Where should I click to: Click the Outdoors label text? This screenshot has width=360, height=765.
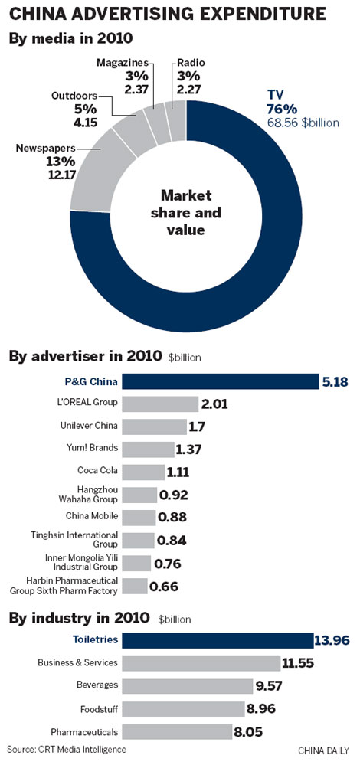click(74, 96)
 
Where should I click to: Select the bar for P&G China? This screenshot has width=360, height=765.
click(220, 381)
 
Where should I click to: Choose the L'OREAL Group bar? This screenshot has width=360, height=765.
click(159, 404)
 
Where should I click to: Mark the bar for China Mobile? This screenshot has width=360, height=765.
click(139, 518)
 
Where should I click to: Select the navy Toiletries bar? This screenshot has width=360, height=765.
click(218, 640)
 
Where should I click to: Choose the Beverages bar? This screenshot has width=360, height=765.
click(187, 685)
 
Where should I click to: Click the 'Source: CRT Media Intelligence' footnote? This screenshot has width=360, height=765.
click(67, 749)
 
